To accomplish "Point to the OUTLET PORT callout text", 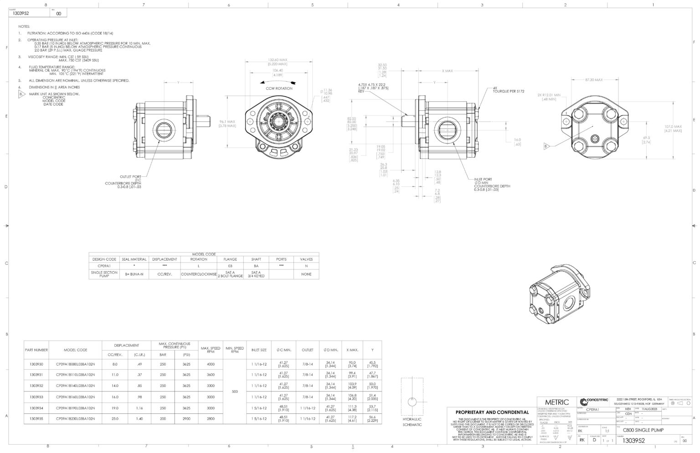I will [x=130, y=176].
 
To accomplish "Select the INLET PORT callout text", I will [x=483, y=179].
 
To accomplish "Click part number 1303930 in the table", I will [x=36, y=364].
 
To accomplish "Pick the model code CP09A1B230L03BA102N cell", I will [x=75, y=418].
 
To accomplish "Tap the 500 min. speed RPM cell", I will [x=235, y=391].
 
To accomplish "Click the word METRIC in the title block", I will [x=557, y=402].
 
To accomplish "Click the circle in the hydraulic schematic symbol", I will [x=412, y=402].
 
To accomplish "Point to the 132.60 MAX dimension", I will [x=277, y=60].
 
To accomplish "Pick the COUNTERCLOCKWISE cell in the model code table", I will [x=198, y=274].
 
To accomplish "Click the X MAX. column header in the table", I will [x=352, y=350].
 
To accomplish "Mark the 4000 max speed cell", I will [x=210, y=364].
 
